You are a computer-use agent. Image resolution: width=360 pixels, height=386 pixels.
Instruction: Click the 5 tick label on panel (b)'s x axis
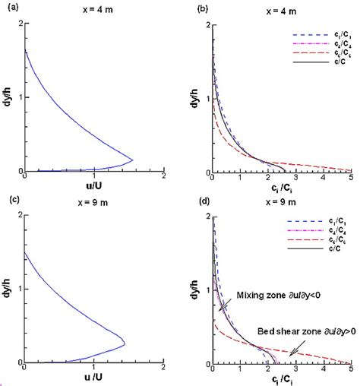(350, 179)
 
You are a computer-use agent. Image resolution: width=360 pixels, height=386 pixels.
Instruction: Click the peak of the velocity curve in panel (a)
(133, 160)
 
